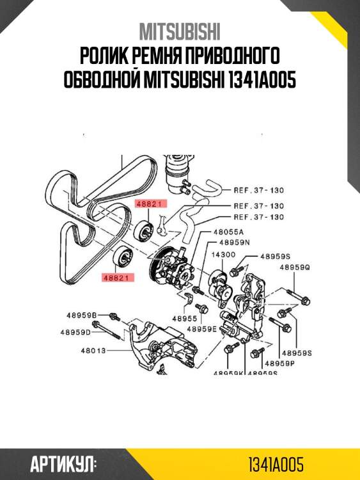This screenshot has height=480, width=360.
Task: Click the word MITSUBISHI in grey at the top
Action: (180, 31)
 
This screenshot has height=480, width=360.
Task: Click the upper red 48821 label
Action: (150, 204)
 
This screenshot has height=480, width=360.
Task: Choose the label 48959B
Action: (80, 315)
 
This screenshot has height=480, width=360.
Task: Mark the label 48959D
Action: (76, 332)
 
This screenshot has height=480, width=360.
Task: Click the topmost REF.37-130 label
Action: (258, 190)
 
